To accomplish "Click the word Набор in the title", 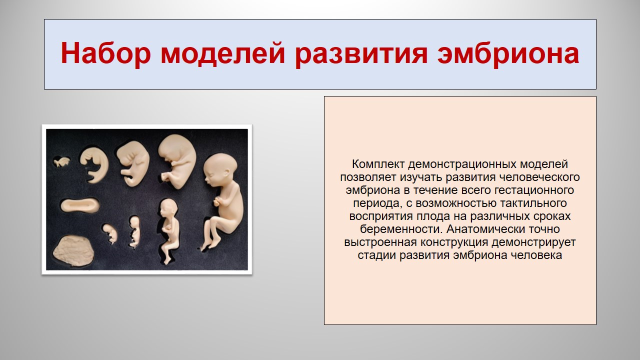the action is click(x=105, y=53).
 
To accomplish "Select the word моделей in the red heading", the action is click(x=223, y=53).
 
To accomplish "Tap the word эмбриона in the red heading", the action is click(x=508, y=53).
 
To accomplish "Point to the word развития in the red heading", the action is click(x=361, y=53).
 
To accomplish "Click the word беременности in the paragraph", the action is click(x=401, y=229).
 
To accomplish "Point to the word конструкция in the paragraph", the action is click(x=454, y=242).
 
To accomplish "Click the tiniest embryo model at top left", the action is click(x=61, y=162).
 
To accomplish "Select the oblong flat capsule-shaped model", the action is click(x=80, y=205).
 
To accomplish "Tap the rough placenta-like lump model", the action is click(x=73, y=251).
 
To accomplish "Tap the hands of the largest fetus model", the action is click(x=217, y=201).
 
